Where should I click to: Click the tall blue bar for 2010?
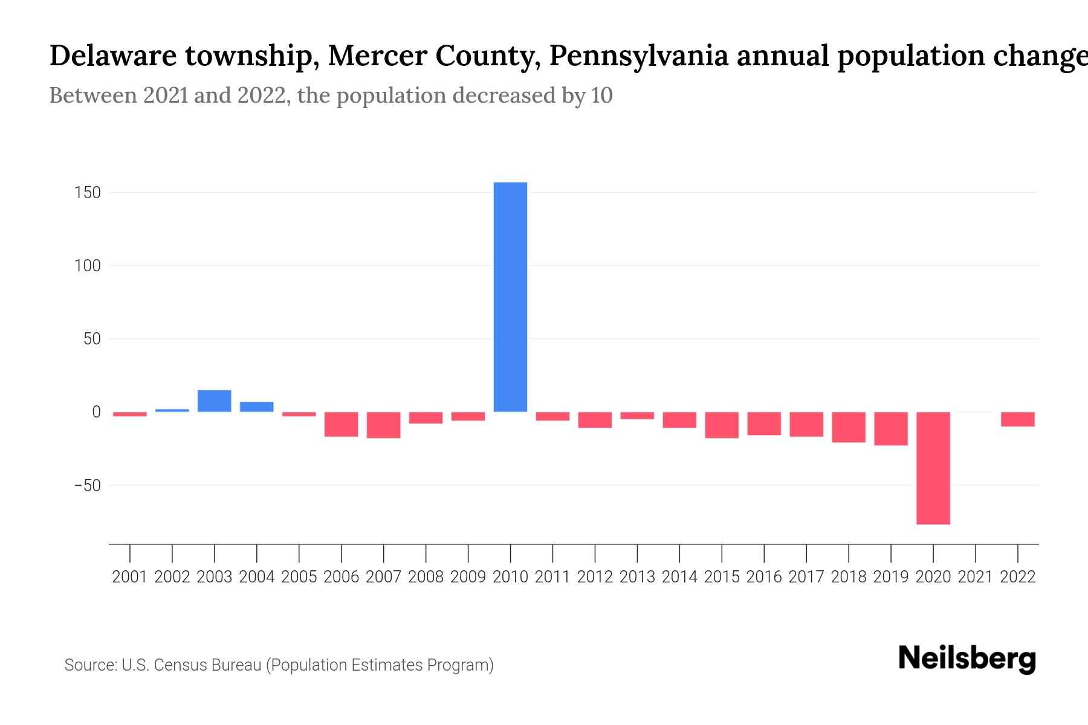point(510,297)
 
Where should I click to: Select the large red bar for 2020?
point(933,468)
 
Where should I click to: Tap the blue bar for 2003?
point(214,401)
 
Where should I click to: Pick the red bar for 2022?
point(1017,419)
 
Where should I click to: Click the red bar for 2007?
point(383,425)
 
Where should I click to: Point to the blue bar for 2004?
point(256,407)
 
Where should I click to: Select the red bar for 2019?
point(890,428)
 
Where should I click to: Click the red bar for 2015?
point(721,425)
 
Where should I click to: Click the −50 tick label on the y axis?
point(87,485)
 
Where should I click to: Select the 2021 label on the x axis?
point(975,577)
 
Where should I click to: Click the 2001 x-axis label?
point(130,577)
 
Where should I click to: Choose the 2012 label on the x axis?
point(595,577)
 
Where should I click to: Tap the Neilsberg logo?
point(967,659)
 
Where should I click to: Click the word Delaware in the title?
point(113,56)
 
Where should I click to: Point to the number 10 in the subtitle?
point(602,95)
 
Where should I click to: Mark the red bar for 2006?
point(341,424)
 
